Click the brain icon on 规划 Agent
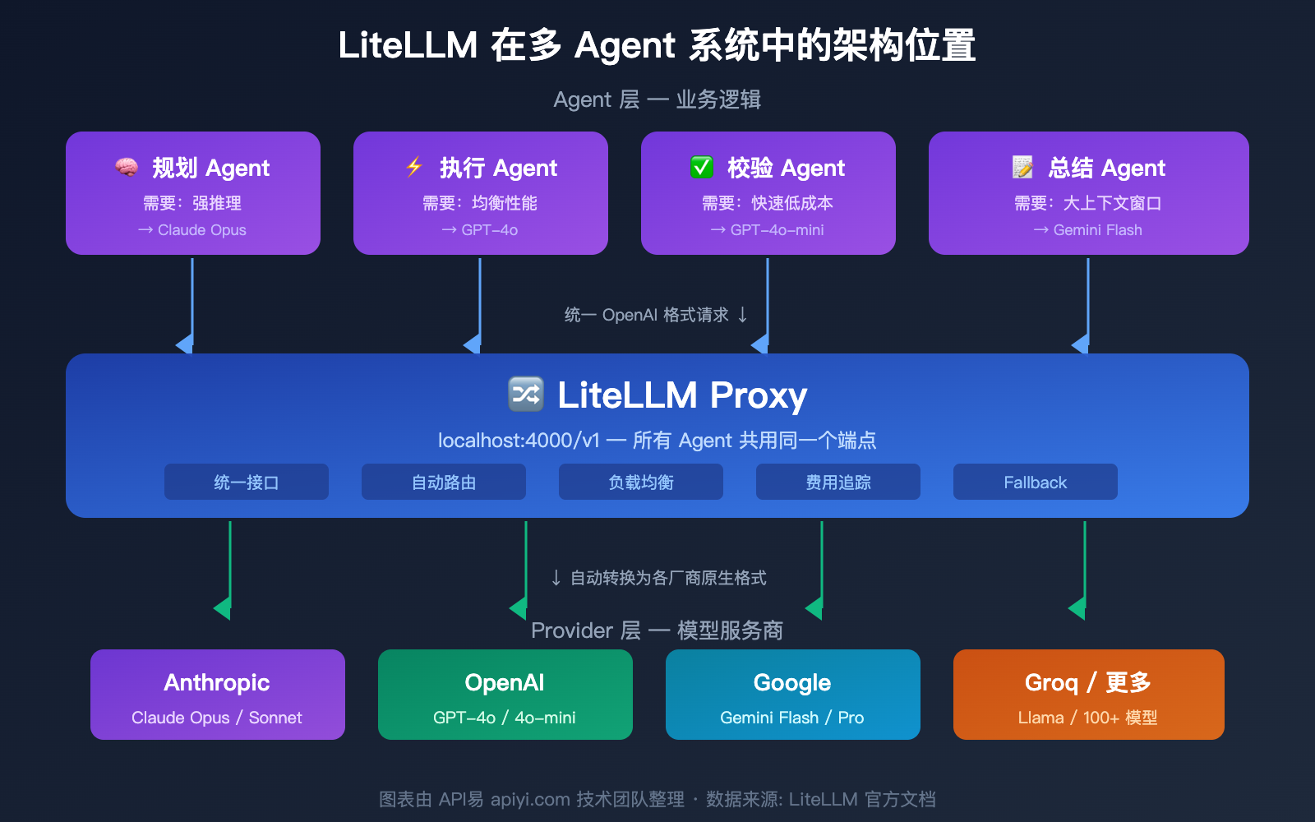(x=126, y=168)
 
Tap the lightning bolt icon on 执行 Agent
(x=414, y=167)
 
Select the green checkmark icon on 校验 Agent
(x=701, y=168)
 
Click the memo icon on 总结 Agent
(x=1022, y=168)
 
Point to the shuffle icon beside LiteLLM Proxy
(x=526, y=394)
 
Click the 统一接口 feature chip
(x=247, y=483)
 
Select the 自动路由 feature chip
(x=444, y=483)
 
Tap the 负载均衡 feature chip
(x=641, y=483)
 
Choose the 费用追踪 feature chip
(x=838, y=483)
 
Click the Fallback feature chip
(x=1036, y=483)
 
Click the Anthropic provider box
(x=218, y=695)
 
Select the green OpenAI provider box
(x=505, y=695)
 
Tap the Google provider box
(x=793, y=695)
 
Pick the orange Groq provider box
(x=1089, y=695)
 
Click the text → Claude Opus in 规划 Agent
(x=192, y=230)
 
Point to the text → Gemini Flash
(x=1088, y=230)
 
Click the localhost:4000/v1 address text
(x=519, y=441)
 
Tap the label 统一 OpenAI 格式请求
(x=647, y=315)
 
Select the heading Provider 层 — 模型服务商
(x=657, y=630)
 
